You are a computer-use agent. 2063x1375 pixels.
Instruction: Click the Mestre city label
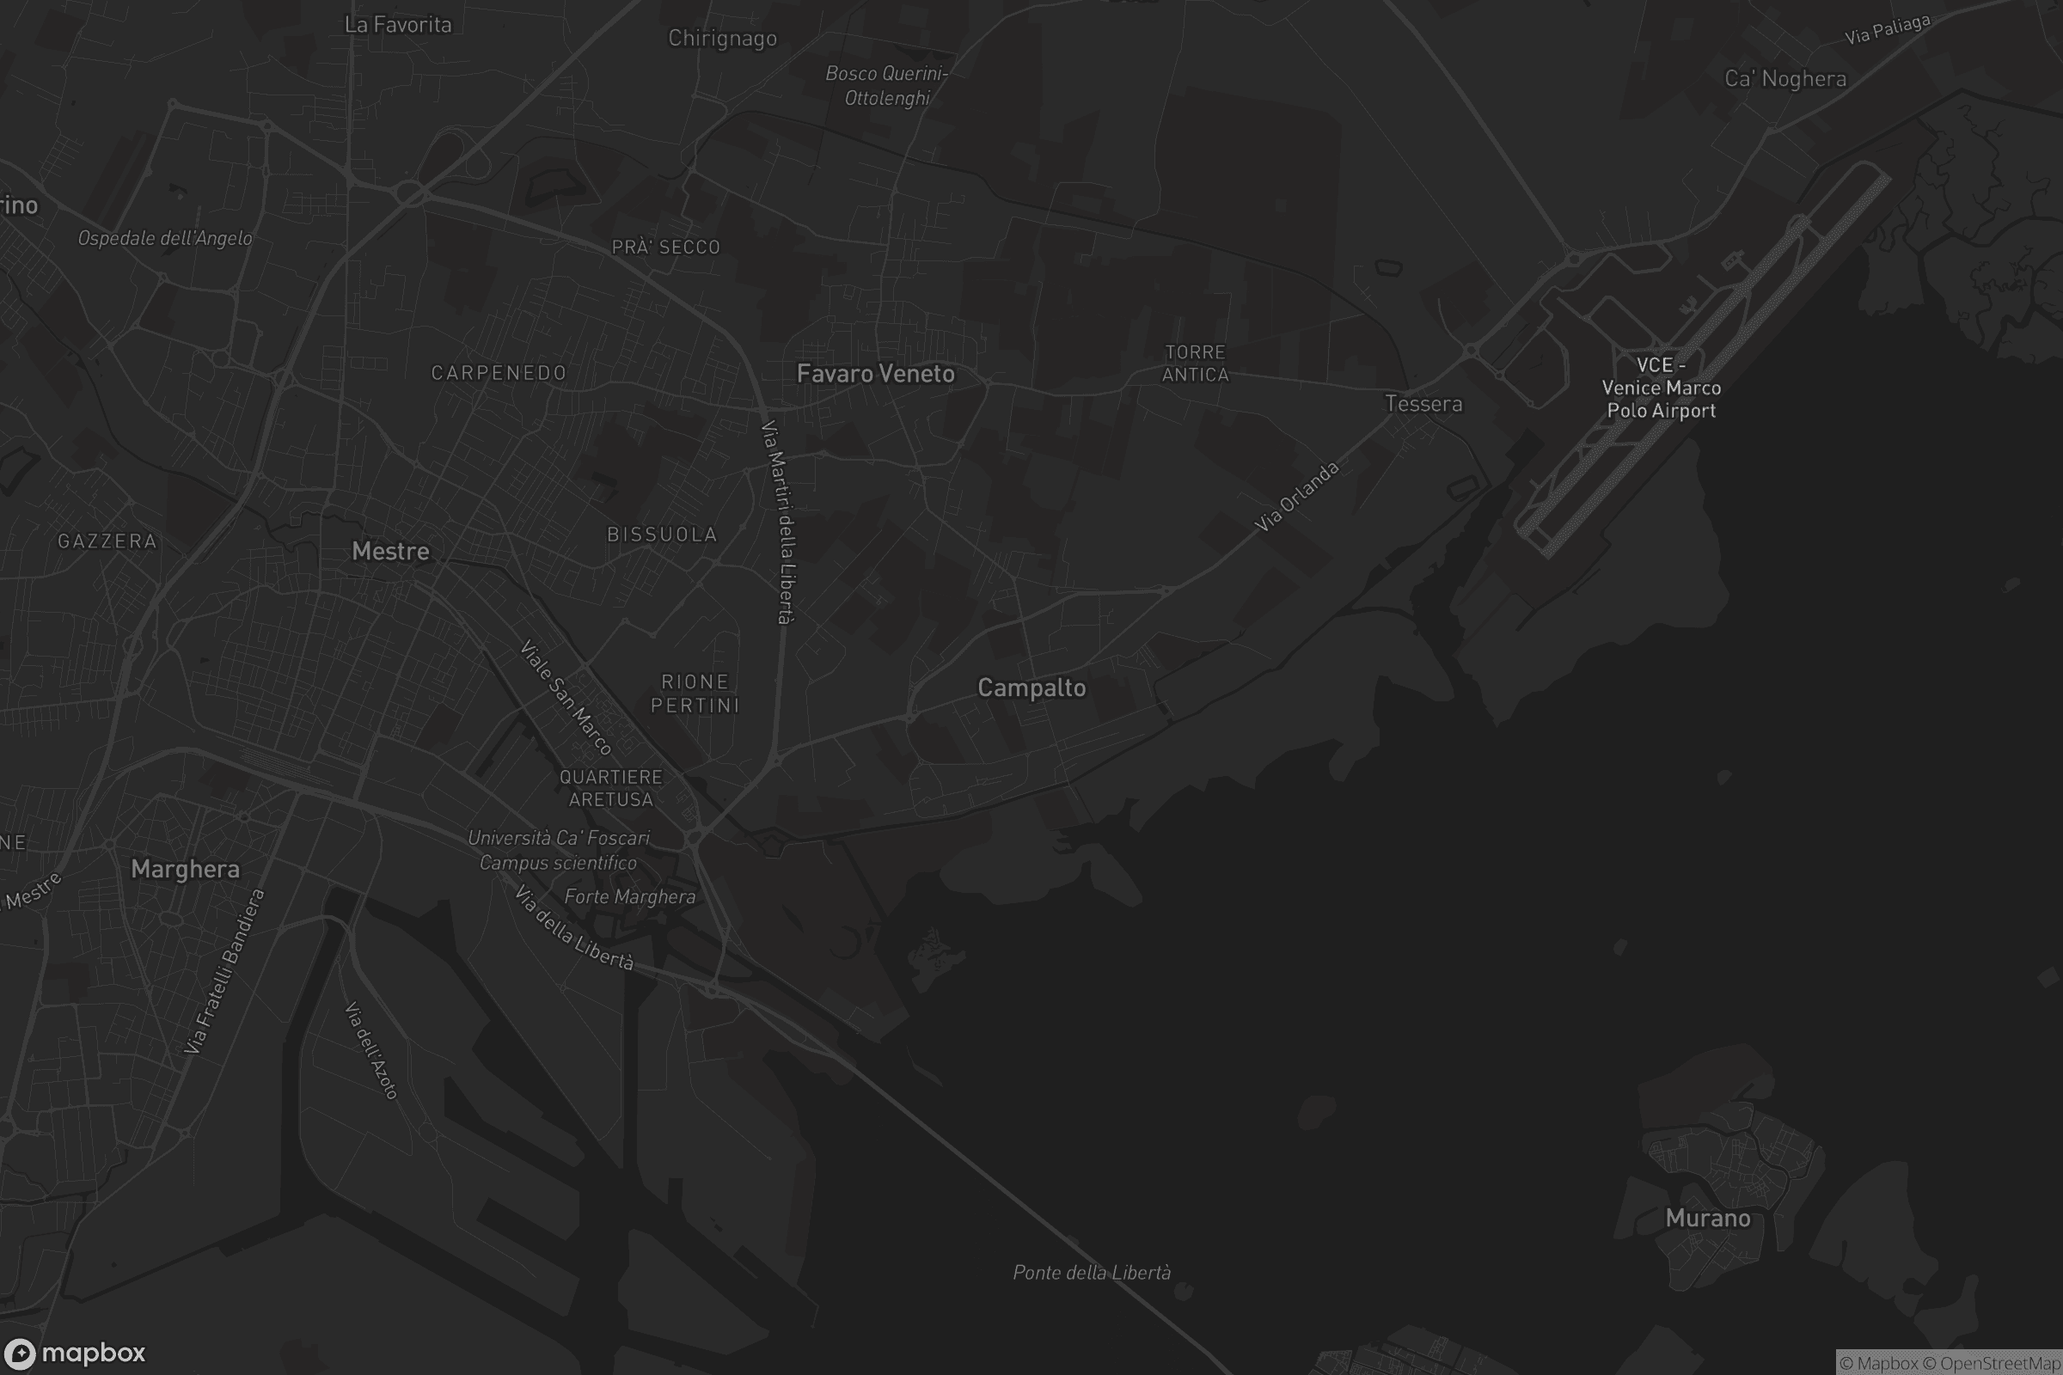coord(390,551)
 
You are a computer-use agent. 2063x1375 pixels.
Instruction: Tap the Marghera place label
coord(185,869)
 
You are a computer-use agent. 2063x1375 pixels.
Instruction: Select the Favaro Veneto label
coord(875,374)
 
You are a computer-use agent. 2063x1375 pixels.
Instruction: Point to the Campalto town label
coord(1031,688)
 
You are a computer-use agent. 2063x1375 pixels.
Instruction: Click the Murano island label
coord(1707,1218)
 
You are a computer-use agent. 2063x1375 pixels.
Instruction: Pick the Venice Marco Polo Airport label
coord(1661,388)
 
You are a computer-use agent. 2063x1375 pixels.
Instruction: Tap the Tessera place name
coord(1423,404)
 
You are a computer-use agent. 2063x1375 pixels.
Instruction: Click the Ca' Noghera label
coord(1785,79)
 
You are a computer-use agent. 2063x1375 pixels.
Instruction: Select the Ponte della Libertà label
coord(1091,1273)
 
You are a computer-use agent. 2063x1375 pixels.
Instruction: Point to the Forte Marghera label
coord(630,896)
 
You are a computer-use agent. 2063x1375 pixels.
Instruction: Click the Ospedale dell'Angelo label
coord(165,239)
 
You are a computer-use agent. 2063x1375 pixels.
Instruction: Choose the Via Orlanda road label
coord(1296,498)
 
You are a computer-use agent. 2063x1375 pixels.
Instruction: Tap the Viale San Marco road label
coord(566,698)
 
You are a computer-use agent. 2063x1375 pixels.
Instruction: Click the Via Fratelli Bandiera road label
coord(224,971)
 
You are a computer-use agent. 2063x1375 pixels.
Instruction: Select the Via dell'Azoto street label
coord(372,1050)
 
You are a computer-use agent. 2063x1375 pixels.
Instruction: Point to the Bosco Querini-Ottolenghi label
coord(887,86)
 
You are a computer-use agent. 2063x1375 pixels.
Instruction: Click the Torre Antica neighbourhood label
coord(1195,363)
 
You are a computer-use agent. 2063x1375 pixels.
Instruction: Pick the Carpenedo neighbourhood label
coord(499,373)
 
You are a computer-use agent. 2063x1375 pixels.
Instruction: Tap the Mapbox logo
coord(75,1353)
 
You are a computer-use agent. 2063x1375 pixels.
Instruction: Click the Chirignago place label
coord(722,39)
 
